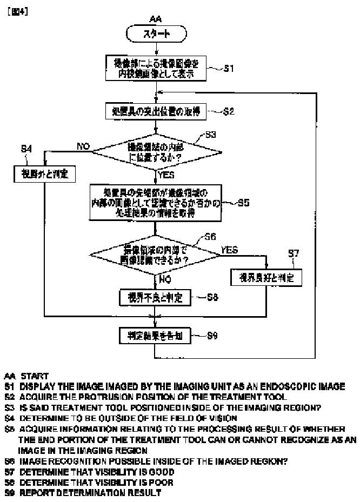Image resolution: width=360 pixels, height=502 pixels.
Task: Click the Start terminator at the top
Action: pyautogui.click(x=156, y=34)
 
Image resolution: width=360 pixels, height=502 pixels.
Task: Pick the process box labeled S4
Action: pyautogui.click(x=45, y=174)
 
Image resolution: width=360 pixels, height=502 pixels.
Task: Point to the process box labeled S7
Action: pyautogui.click(x=266, y=277)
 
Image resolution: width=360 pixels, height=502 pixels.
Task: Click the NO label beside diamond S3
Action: pyautogui.click(x=83, y=146)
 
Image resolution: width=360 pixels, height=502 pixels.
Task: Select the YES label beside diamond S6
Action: pyautogui.click(x=229, y=250)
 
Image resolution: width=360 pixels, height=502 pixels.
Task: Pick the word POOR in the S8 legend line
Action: pyautogui.click(x=148, y=483)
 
